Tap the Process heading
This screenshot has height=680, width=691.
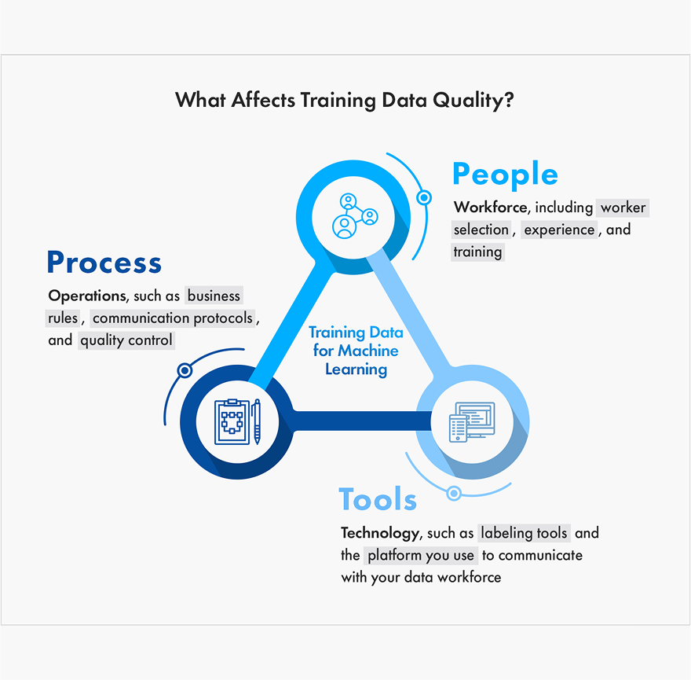coord(104,262)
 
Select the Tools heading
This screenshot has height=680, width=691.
coord(378,499)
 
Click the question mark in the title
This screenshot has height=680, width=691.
coord(509,99)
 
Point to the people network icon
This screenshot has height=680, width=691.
coord(354,215)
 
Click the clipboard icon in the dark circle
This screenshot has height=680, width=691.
coord(232,421)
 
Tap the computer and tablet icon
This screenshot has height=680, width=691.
coord(472,422)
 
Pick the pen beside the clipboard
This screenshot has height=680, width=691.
coord(257,421)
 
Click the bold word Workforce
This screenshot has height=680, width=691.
coord(491,207)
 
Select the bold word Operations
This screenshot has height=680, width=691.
coord(87,296)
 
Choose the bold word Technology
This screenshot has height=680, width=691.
coord(379,533)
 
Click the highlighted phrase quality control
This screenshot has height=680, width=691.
coord(126,340)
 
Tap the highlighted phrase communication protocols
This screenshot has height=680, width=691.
coord(173,318)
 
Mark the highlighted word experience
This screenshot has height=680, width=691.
coord(559,230)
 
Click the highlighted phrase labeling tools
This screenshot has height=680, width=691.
coord(524,533)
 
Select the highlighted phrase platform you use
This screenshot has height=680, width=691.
coord(421,555)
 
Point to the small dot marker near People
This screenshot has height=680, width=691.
coord(424,197)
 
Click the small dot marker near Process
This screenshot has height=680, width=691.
coord(185,370)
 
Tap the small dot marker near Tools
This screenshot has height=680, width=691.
coord(454,493)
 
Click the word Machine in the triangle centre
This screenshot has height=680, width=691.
coord(368,351)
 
